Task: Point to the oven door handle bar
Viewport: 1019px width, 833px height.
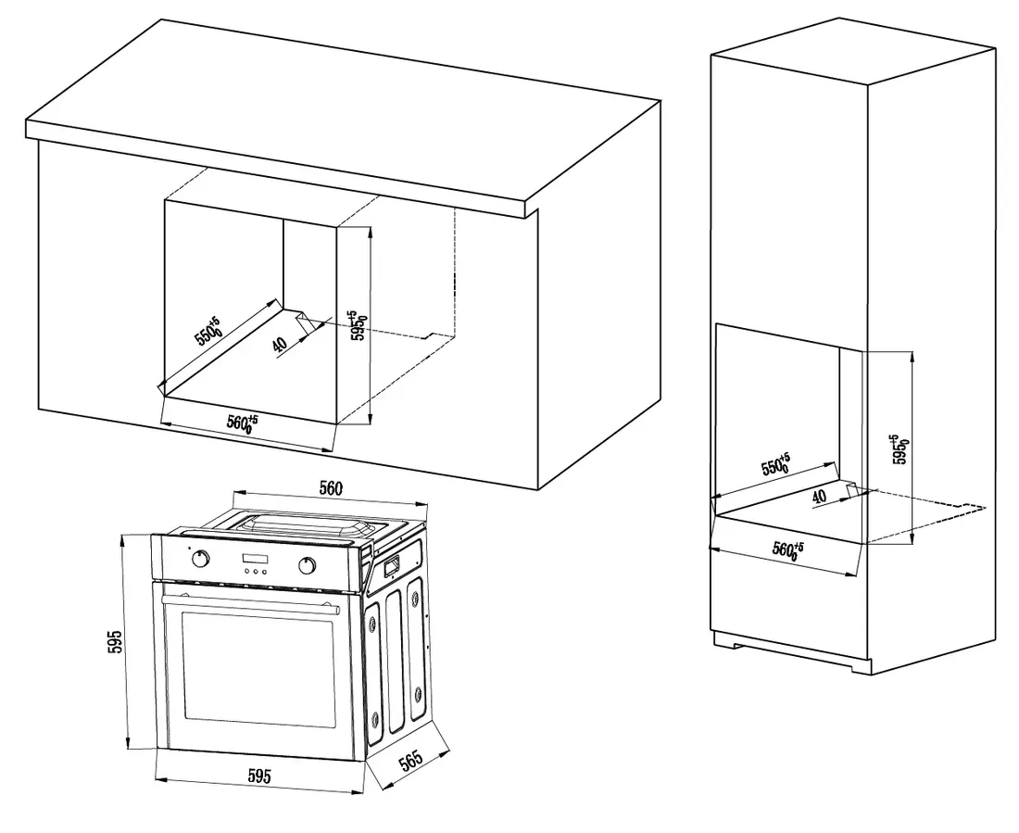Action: click(248, 601)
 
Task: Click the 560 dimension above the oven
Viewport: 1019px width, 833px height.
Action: click(331, 487)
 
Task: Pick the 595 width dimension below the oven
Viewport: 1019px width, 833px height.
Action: click(258, 777)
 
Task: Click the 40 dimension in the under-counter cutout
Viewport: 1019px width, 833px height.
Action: click(281, 345)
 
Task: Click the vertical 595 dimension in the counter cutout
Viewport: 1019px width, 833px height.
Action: click(355, 326)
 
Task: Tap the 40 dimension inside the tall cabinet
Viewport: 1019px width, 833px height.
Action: click(818, 497)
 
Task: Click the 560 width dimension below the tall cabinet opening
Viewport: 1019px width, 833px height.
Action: click(787, 549)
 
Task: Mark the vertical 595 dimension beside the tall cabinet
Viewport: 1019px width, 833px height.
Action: click(896, 448)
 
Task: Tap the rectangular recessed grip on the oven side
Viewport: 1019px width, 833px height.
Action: click(390, 562)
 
